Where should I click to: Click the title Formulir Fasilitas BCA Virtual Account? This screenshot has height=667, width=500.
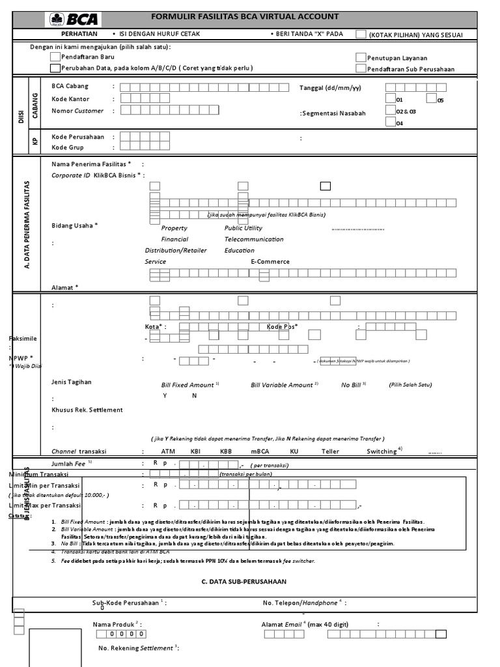tap(245, 17)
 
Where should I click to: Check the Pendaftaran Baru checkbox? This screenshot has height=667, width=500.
tap(55, 57)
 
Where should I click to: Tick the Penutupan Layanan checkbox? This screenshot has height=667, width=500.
tap(361, 57)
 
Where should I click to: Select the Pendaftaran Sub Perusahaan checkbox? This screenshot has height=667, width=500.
tap(361, 68)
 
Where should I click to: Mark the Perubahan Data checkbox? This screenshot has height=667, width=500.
tap(55, 68)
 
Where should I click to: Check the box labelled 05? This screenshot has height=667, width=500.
tap(431, 98)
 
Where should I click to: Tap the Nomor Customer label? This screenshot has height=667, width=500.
tap(77, 111)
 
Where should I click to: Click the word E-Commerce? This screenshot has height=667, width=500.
tap(270, 262)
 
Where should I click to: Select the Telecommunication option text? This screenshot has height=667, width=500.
tap(254, 239)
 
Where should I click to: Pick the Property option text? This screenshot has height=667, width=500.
tap(174, 228)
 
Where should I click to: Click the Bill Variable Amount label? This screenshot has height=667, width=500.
tap(282, 385)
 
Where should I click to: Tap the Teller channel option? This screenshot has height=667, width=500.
tap(330, 451)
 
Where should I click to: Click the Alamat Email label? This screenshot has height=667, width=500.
tap(283, 624)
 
